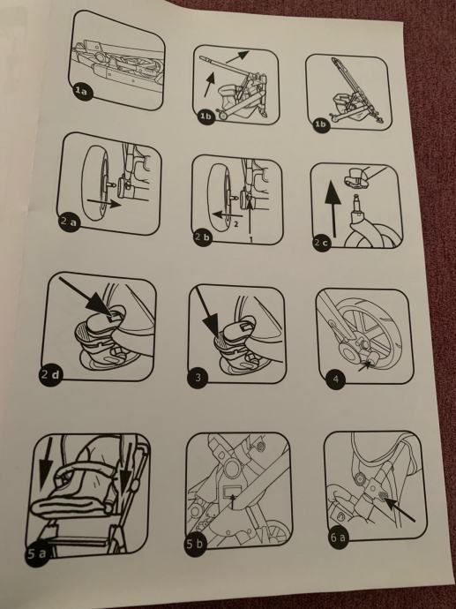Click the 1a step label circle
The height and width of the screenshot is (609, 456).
point(81,92)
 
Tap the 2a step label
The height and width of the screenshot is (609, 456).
point(69,222)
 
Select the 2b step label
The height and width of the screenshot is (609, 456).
point(202,237)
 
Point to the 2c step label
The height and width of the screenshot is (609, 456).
point(322,242)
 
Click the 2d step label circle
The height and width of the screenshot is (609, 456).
point(50,375)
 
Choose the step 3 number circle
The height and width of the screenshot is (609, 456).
point(198,378)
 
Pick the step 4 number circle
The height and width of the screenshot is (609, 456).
point(336,379)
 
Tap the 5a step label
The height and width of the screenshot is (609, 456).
point(36,553)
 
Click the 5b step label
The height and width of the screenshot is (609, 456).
point(195,544)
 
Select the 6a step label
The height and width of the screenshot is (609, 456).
point(338,538)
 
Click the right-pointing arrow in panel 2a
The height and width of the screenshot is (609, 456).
point(104,202)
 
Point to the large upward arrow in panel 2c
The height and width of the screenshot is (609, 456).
point(333,210)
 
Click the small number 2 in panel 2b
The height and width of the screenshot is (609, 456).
point(235,223)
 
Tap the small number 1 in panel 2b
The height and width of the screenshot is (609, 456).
point(251,239)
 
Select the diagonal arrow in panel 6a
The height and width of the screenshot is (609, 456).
point(398,508)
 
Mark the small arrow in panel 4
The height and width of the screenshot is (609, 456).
point(365,365)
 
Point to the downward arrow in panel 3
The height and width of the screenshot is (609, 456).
point(207,312)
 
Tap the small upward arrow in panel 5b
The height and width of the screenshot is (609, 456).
point(233,501)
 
